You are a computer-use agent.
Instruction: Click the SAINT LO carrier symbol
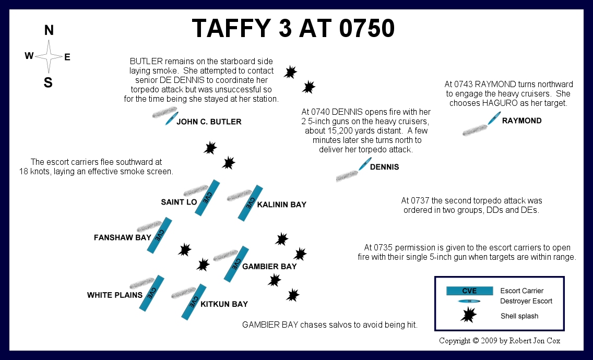point(207,198)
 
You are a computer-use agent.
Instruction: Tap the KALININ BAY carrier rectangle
point(251,203)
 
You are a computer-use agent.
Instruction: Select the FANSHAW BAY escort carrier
point(159,235)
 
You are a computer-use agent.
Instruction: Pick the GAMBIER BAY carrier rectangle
point(236,264)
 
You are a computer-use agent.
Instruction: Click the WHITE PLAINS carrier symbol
point(152,293)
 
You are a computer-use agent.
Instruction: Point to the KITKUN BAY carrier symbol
point(194,302)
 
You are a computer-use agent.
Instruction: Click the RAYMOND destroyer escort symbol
point(494,118)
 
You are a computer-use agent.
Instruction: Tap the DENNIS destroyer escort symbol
point(365,164)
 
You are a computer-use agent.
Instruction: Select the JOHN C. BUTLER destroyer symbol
point(171,118)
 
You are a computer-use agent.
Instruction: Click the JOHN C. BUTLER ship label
point(209,122)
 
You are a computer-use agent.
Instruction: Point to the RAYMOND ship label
point(522,121)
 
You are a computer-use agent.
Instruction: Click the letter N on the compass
point(49,30)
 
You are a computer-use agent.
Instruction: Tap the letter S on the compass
point(48,82)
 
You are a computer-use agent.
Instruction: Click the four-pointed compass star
point(49,56)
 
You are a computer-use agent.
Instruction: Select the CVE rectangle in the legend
point(470,291)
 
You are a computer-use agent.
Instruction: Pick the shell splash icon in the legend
point(469,315)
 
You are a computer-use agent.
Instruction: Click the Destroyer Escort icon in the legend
point(469,302)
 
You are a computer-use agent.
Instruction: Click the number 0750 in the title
point(367,28)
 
